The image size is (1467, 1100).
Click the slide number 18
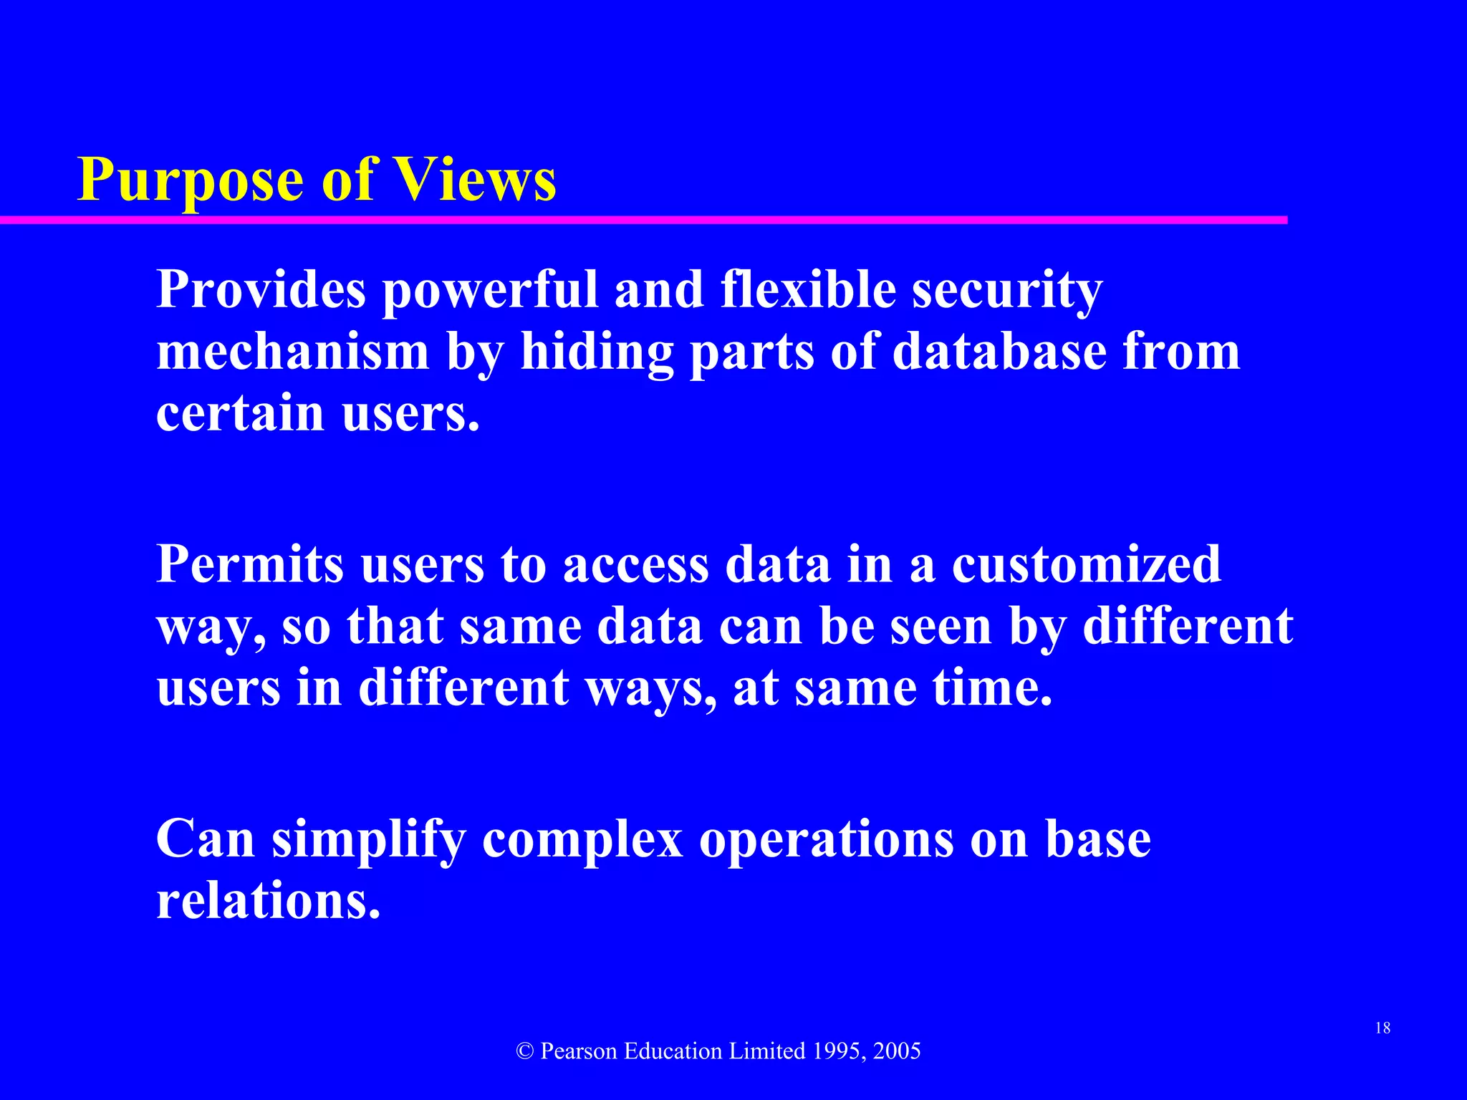point(1382,1028)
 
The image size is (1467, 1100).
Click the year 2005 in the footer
point(897,1051)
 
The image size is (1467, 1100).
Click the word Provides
point(261,290)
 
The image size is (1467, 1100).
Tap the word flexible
point(809,290)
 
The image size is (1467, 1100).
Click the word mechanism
point(292,352)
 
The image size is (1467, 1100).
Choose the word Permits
point(250,564)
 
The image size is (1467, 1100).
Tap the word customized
point(1086,564)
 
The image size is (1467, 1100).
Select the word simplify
point(368,839)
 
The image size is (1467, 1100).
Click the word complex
point(582,839)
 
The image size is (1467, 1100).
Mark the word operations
point(827,839)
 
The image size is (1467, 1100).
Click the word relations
point(268,901)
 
